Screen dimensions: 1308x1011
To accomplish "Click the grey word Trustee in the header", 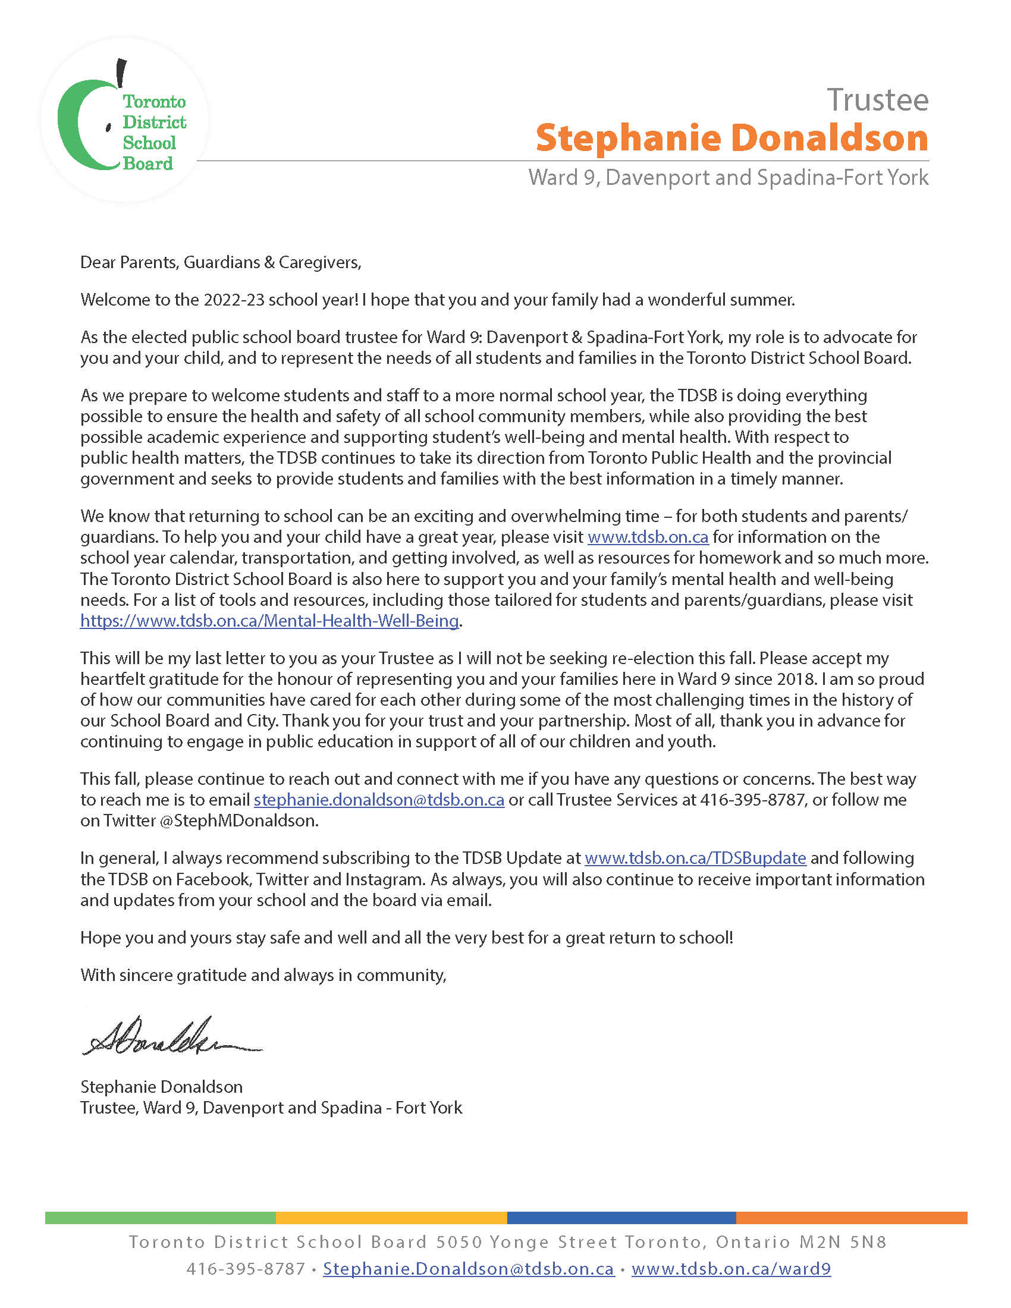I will point(877,100).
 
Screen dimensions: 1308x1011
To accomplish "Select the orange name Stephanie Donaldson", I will point(731,139).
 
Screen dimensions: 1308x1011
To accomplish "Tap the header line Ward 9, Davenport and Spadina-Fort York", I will point(728,178).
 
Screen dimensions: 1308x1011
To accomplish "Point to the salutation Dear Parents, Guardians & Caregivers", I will point(221,262).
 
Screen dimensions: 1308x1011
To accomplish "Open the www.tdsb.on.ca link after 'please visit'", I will point(648,537).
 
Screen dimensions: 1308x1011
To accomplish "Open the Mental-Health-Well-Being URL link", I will point(269,621).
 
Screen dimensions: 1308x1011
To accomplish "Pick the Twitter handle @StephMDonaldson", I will point(239,821).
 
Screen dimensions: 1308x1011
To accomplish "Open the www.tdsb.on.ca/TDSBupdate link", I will point(695,858).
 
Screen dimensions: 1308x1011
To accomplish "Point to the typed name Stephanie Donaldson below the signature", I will point(161,1087).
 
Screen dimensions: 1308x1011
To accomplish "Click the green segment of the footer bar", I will point(160,1218).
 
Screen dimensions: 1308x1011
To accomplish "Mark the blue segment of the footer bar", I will point(621,1218).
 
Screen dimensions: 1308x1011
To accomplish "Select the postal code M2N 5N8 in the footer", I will point(843,1242).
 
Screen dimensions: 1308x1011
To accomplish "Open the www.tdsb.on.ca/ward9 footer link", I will point(731,1269).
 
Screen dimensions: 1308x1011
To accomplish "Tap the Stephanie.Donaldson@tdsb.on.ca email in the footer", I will point(469,1269).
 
